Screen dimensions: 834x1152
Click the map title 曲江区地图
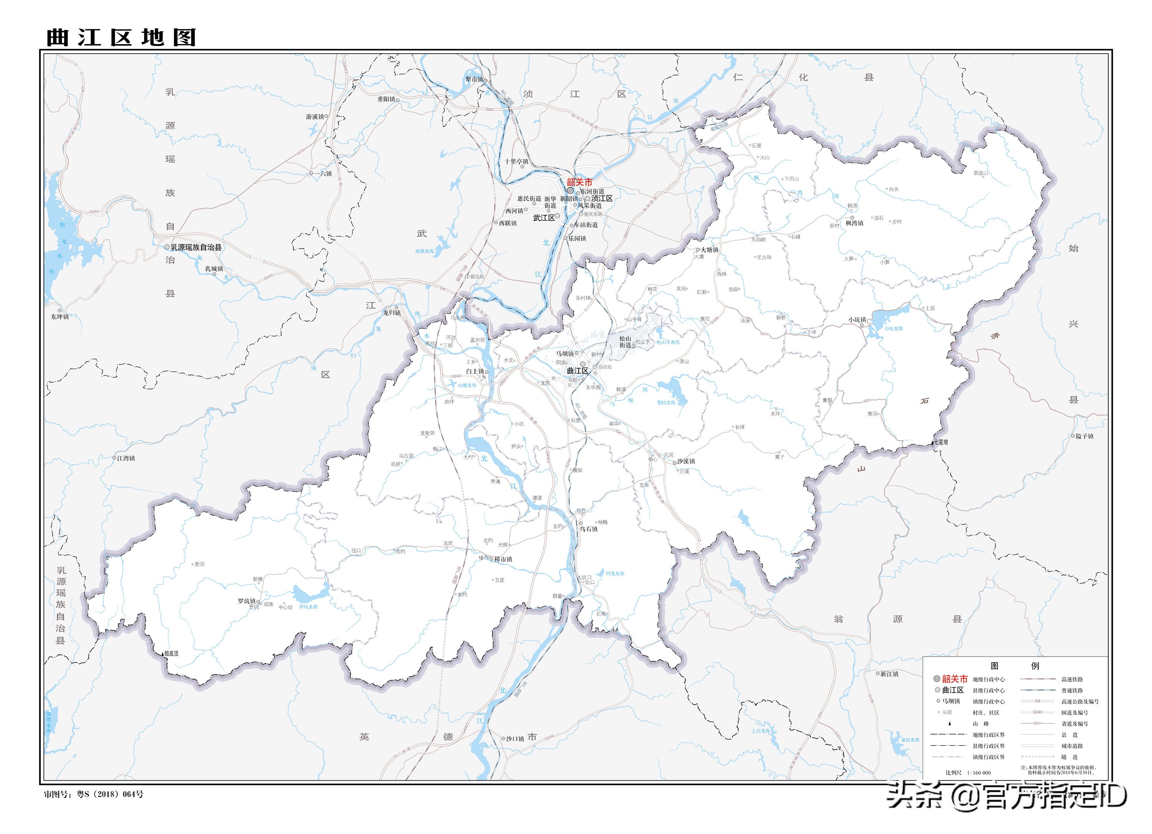coord(121,38)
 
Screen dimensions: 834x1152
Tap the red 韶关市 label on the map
coord(579,182)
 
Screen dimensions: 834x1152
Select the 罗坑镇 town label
coord(247,601)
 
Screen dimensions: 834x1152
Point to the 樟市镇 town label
coord(503,559)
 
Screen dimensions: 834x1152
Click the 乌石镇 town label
coord(589,529)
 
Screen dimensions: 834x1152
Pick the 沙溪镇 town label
coord(686,461)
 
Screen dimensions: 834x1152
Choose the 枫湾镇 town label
coord(854,223)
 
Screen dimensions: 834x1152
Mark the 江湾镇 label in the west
coord(126,458)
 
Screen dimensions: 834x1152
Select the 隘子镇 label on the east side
coord(1084,436)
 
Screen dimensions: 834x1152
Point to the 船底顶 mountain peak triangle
coord(164,654)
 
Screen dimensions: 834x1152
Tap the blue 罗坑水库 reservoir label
coord(308,607)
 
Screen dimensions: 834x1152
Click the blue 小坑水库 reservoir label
coord(894,328)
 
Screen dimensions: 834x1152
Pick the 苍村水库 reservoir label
coord(666,402)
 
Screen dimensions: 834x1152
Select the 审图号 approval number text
coord(93,794)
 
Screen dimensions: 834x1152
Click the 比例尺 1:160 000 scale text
coord(968,773)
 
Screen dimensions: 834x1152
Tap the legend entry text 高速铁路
coord(1072,679)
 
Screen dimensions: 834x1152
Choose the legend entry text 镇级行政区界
coord(988,757)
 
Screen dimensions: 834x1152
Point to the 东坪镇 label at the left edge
coord(60,316)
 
